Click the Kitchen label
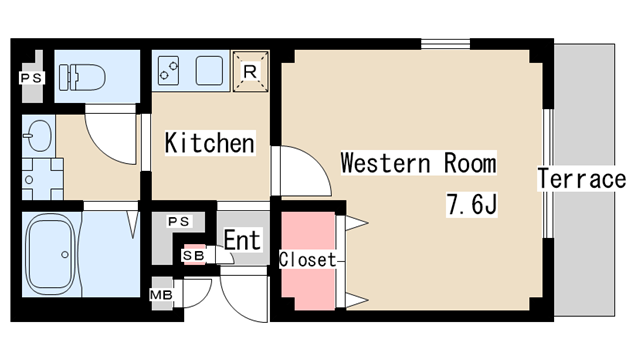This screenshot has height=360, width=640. point(210,143)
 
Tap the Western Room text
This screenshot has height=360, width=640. point(418,163)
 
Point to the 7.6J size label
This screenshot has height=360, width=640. point(471,204)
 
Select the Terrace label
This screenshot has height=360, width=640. point(581,179)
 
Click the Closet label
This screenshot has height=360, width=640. point(307,260)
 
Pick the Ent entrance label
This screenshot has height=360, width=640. point(242,240)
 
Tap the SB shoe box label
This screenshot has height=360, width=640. point(193,256)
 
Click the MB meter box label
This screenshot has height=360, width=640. point(161,294)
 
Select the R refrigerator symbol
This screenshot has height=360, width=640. point(250,71)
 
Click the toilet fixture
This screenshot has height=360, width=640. point(82,77)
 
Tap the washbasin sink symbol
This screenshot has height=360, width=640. point(38,136)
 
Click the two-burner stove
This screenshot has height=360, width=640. point(168,70)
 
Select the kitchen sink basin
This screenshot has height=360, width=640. point(209,70)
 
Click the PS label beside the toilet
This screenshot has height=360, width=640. point(31,78)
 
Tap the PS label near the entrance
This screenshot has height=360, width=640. point(179,221)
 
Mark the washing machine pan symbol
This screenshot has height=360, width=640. point(42,179)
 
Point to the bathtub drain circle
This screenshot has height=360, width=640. point(64,255)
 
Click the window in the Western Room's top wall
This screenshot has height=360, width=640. point(445,44)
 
